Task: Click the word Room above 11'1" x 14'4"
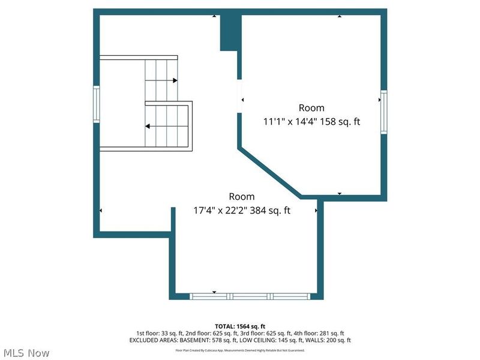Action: [311, 108]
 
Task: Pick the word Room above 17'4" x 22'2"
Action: [241, 197]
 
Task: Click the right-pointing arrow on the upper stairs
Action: [175, 80]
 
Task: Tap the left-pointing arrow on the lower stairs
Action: [148, 126]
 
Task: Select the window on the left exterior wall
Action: [96, 105]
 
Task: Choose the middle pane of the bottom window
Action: [250, 296]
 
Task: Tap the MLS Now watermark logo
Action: [26, 353]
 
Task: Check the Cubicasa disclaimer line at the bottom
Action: [239, 350]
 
